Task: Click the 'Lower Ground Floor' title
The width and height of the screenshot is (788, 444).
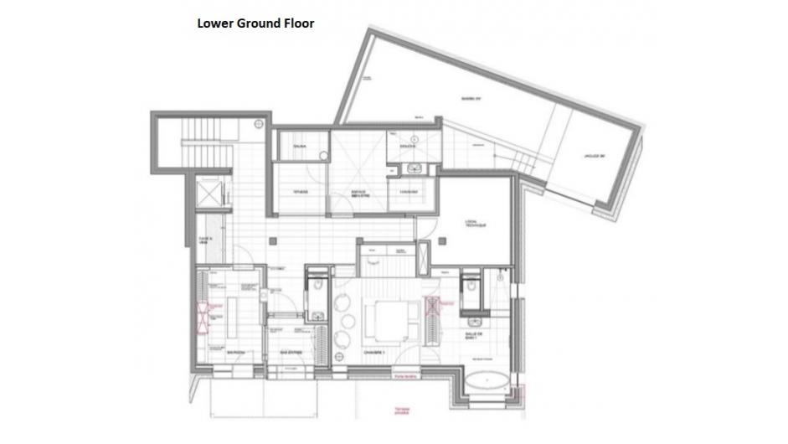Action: [x=255, y=23]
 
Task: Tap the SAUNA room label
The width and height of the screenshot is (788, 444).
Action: [x=299, y=147]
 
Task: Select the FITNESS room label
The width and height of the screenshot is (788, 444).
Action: [x=300, y=192]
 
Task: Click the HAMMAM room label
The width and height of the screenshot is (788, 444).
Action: [x=409, y=192]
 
